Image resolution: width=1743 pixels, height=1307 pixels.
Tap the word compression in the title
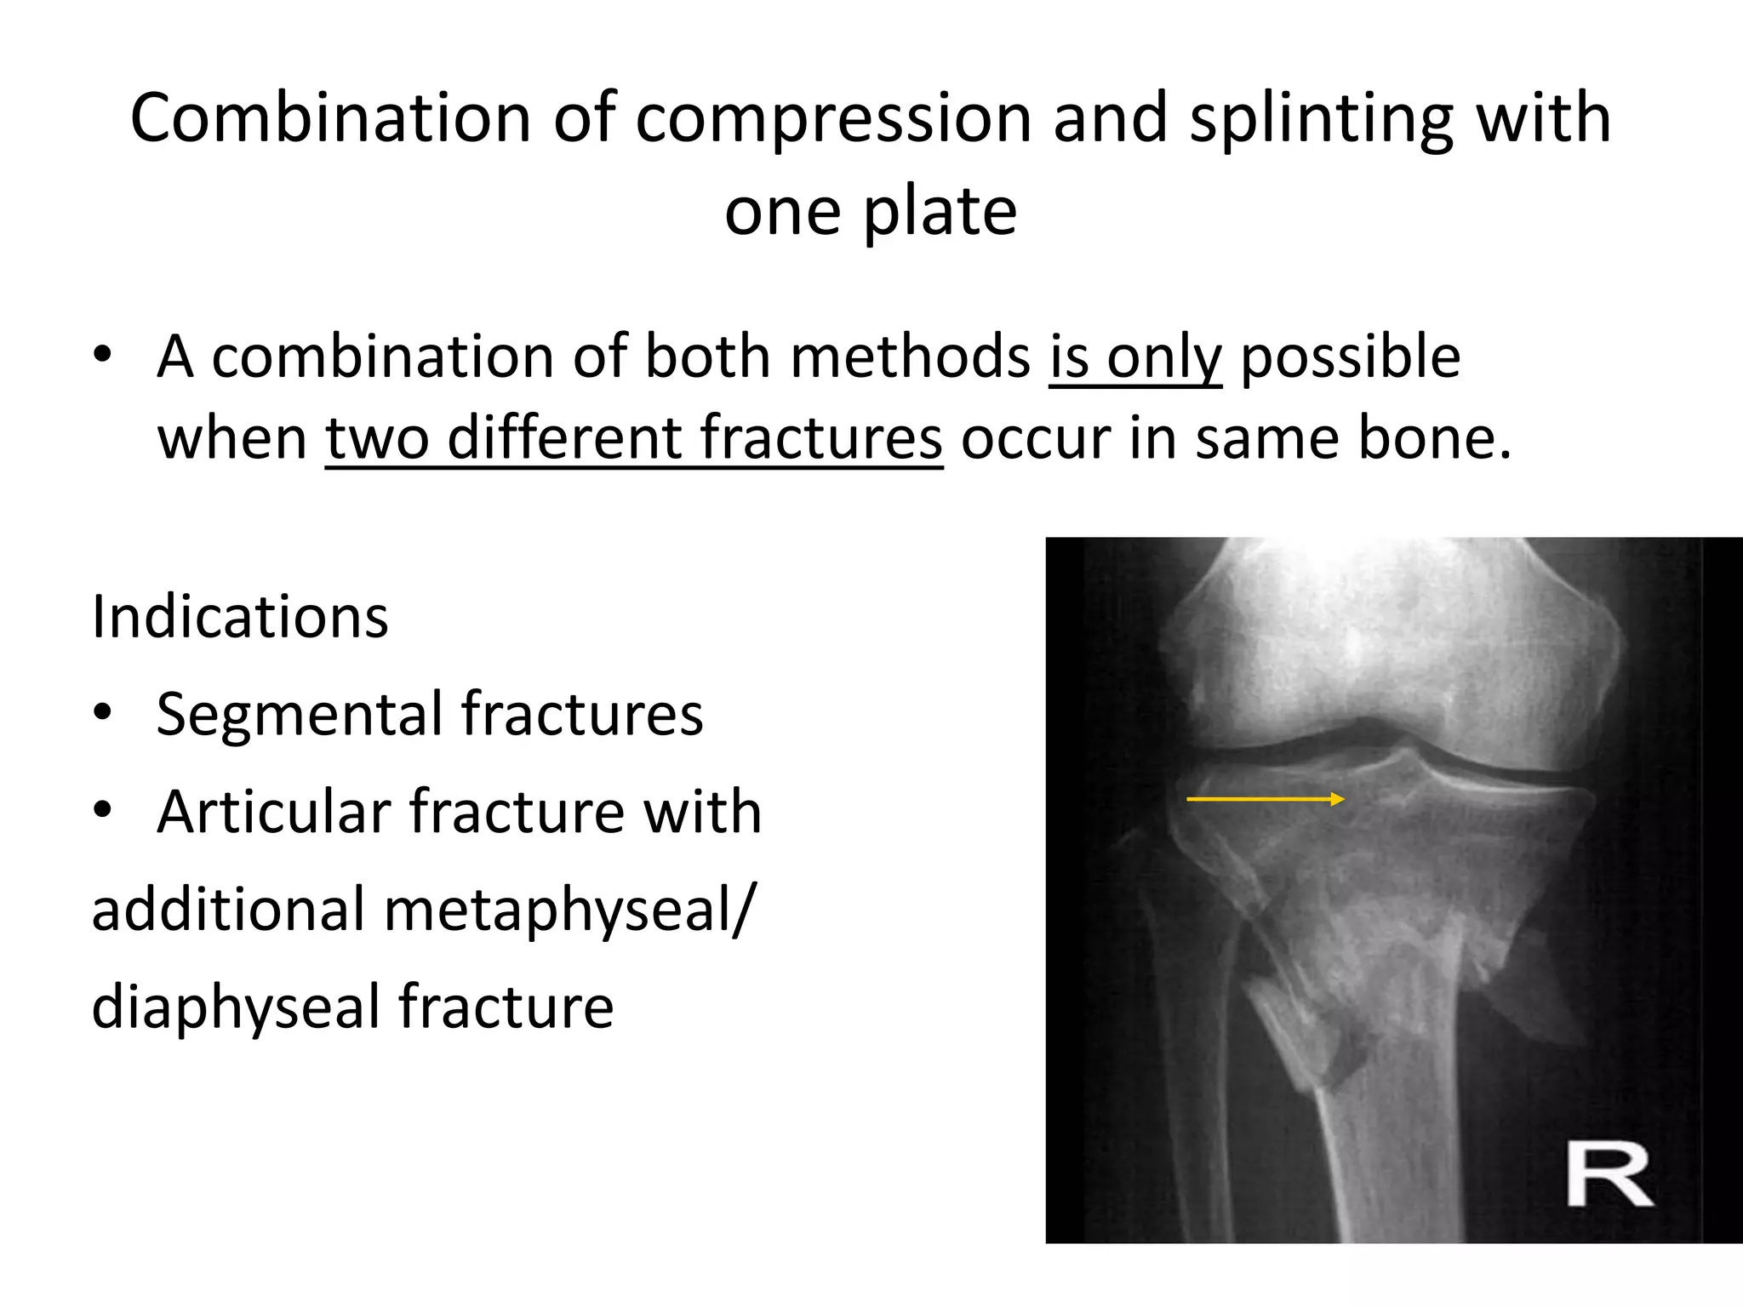(x=832, y=118)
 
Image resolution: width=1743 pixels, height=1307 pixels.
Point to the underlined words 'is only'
(x=1134, y=357)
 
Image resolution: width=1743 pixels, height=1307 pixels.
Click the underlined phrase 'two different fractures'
(x=634, y=439)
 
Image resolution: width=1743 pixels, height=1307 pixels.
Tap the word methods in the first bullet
(x=909, y=357)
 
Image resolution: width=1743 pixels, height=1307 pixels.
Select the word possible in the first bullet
(x=1350, y=357)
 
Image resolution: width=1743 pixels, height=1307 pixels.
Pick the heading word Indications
(x=240, y=617)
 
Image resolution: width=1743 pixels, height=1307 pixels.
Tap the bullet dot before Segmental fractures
(x=103, y=713)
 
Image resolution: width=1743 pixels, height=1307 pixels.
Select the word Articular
(x=271, y=812)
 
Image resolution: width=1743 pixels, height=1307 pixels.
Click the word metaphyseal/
(x=569, y=910)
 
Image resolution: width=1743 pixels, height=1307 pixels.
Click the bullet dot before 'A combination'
(x=103, y=356)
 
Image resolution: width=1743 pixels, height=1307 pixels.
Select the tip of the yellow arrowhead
(x=1344, y=799)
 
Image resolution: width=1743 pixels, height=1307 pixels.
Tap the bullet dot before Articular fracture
(x=103, y=810)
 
